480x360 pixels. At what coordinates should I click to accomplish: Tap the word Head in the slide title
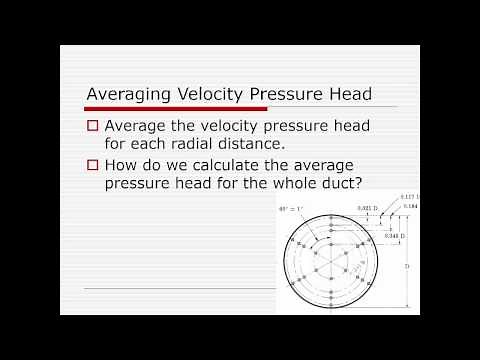coord(349,95)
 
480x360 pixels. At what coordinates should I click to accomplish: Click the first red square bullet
coord(92,127)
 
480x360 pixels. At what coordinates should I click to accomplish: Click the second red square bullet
coord(92,165)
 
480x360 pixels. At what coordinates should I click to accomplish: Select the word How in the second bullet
coord(121,164)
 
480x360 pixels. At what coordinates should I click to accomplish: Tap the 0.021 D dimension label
coord(366,209)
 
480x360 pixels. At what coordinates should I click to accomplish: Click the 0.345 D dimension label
coord(366,237)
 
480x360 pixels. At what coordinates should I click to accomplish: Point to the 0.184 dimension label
coord(410,206)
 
